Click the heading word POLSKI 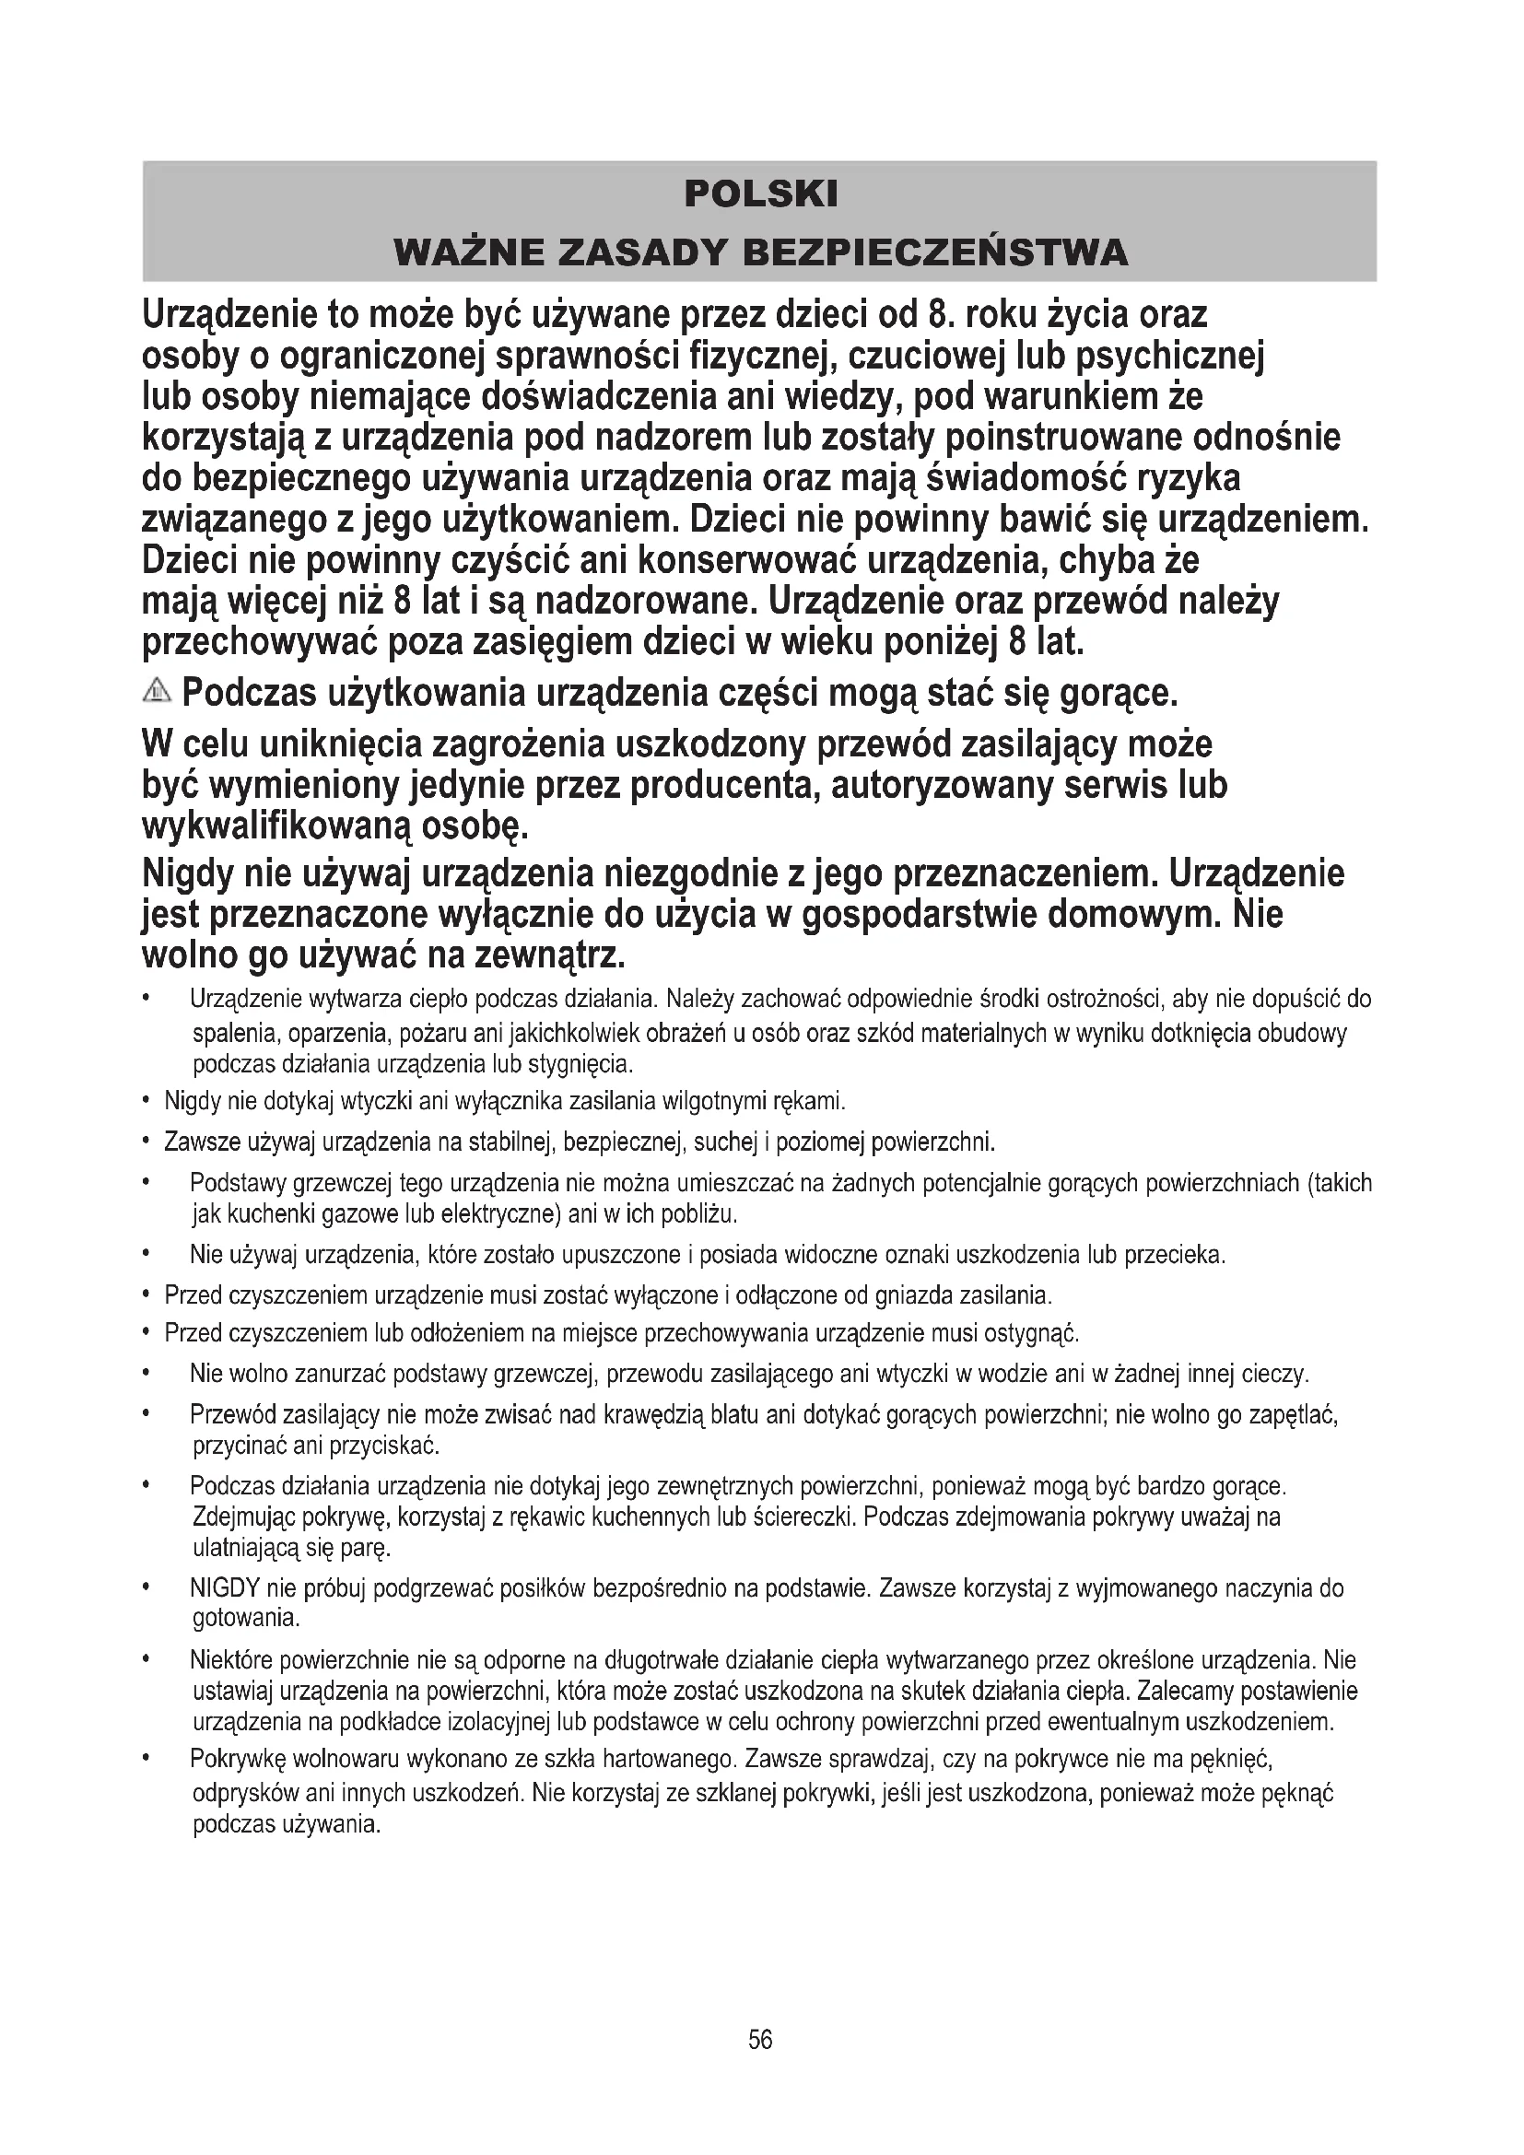pyautogui.click(x=760, y=194)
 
